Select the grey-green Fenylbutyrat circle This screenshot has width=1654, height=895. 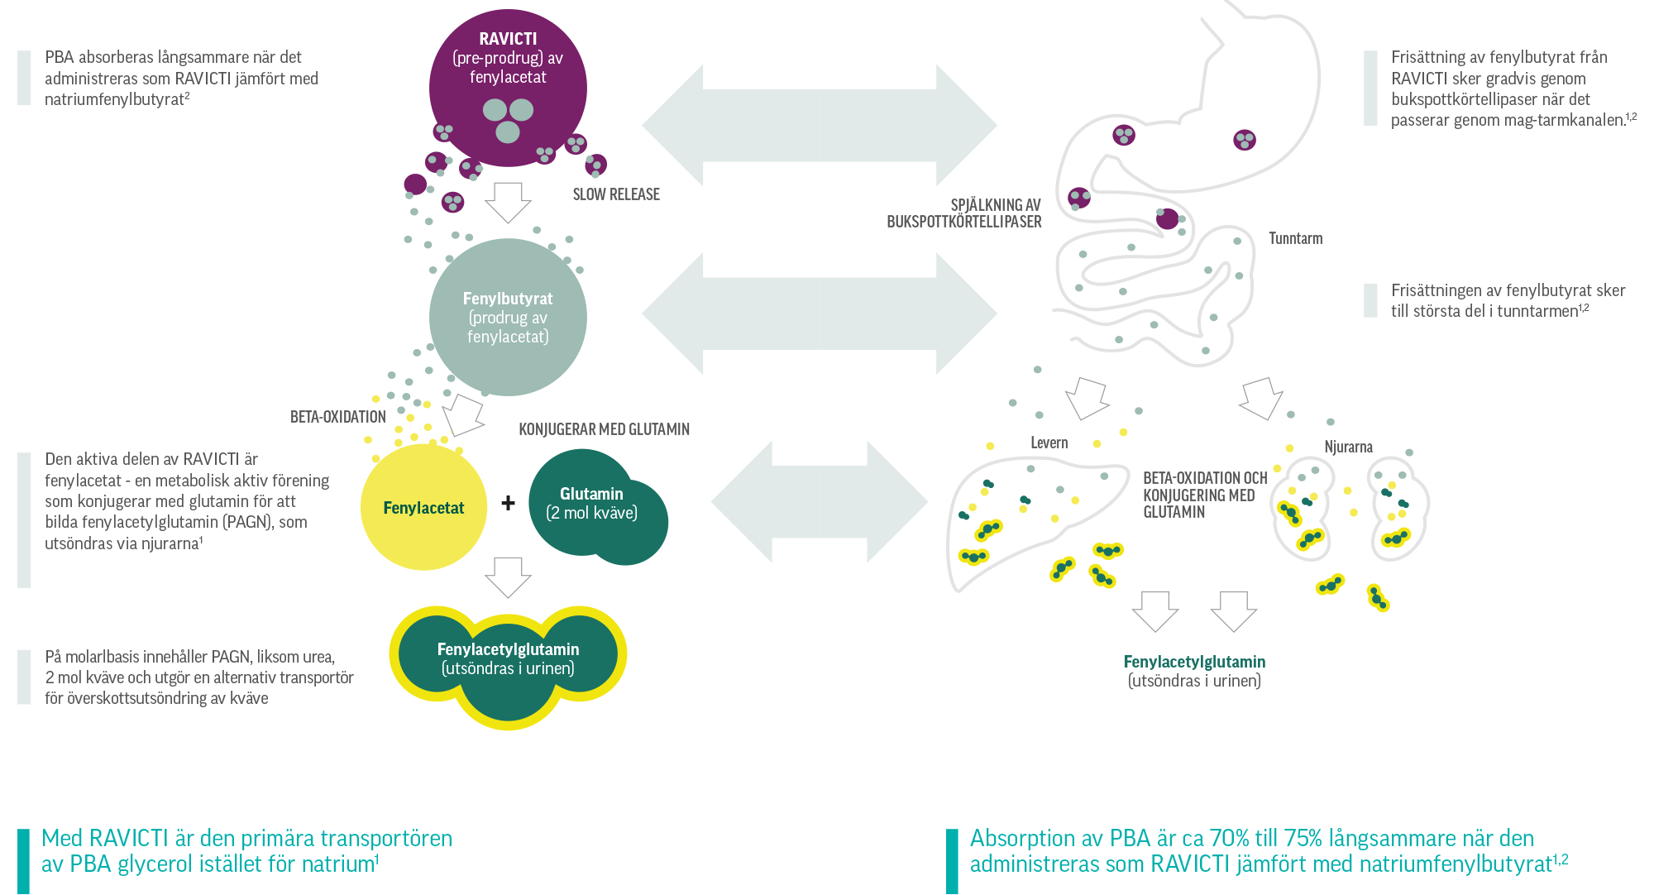(508, 317)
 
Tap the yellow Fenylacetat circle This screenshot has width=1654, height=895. (423, 508)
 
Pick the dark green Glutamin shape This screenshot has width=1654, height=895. (597, 507)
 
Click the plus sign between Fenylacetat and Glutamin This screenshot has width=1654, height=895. (508, 502)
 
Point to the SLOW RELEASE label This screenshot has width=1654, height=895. (616, 194)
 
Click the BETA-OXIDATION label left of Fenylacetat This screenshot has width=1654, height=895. (337, 417)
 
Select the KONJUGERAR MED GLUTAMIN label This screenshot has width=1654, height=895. (604, 429)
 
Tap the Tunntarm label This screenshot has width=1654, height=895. (1295, 238)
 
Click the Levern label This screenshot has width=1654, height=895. (1049, 443)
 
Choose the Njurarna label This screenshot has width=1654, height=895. (1348, 447)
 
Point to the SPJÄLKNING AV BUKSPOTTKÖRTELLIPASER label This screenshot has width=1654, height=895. (963, 213)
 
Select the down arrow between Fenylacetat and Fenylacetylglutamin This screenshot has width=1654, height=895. (508, 577)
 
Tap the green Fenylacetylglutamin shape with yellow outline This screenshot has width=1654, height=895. (508, 662)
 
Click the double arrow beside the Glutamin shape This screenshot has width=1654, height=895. (819, 501)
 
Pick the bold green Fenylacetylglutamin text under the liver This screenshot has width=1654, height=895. (1194, 662)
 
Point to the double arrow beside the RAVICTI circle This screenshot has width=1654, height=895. (819, 125)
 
